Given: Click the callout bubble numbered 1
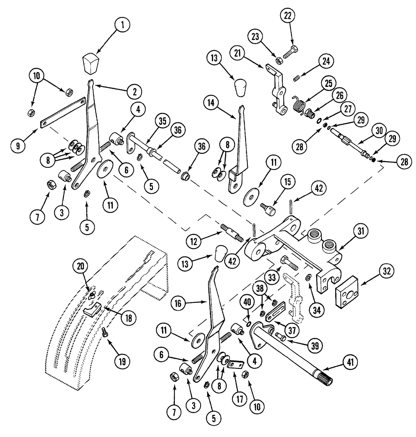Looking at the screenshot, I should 123,25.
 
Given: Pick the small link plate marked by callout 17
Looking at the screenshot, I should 237,364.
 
